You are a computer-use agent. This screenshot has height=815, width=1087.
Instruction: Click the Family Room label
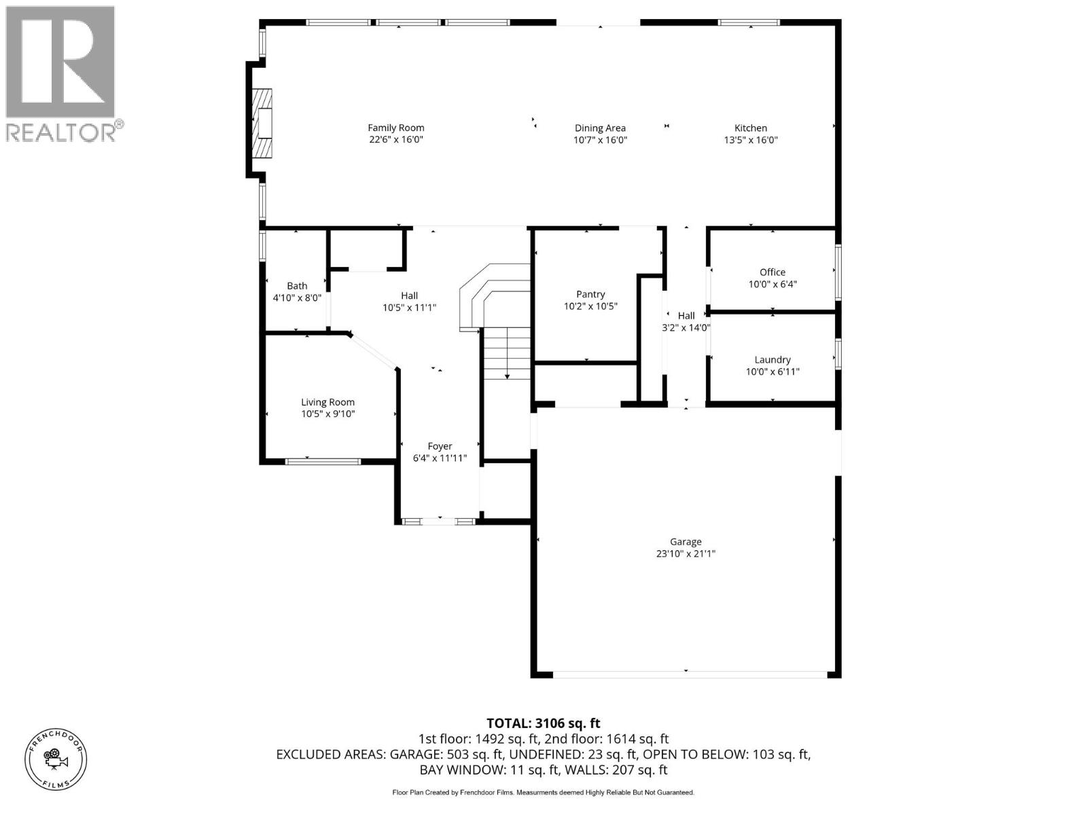(x=395, y=128)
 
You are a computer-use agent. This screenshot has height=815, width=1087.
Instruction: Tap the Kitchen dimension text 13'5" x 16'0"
(x=750, y=140)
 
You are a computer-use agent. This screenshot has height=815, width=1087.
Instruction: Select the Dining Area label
(x=600, y=128)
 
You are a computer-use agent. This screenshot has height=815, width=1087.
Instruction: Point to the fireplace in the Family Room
(x=262, y=124)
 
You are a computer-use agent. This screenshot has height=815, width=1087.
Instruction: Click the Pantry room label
(x=590, y=294)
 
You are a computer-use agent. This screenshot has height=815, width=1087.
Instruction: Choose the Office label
(x=772, y=272)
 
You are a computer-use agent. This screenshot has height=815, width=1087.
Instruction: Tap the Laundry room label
(x=772, y=359)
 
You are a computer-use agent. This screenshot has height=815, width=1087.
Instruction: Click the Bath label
(x=297, y=286)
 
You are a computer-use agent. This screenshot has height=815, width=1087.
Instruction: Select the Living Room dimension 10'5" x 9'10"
(x=328, y=414)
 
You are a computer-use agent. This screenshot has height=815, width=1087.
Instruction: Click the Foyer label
(x=440, y=446)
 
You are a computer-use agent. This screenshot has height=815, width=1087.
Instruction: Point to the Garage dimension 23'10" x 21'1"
(x=685, y=554)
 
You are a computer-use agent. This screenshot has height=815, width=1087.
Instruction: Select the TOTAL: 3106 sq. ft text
(x=543, y=723)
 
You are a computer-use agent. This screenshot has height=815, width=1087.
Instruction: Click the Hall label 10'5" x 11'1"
(x=409, y=301)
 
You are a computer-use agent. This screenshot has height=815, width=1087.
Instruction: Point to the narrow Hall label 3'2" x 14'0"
(x=686, y=321)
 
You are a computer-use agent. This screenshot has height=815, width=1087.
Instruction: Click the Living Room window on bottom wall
(x=323, y=462)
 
